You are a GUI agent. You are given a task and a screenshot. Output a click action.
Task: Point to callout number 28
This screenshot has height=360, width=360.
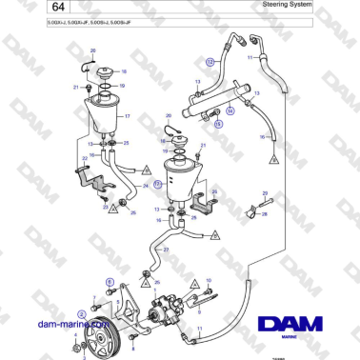264,215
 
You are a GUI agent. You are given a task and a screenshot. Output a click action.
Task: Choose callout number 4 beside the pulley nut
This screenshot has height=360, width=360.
72,337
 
